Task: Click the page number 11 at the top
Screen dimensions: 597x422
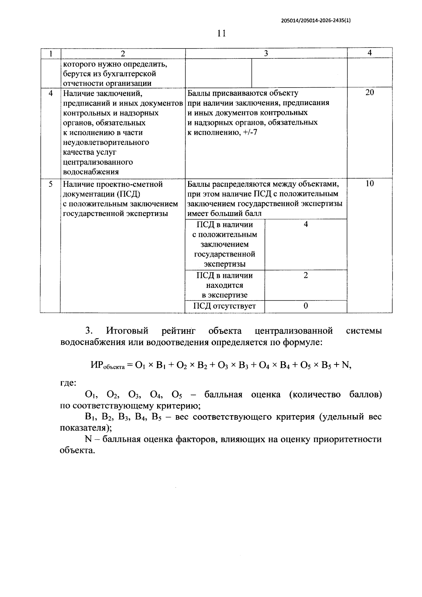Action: pyautogui.click(x=221, y=33)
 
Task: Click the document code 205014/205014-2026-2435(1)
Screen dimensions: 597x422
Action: pyautogui.click(x=316, y=20)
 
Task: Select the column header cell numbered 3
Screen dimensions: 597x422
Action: pyautogui.click(x=266, y=53)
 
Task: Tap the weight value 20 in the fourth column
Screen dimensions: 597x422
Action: pyautogui.click(x=370, y=93)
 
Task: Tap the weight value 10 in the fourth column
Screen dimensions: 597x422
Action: pyautogui.click(x=370, y=184)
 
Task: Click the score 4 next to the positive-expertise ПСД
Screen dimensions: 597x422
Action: pyautogui.click(x=306, y=224)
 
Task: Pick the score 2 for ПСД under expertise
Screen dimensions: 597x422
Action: pyautogui.click(x=306, y=275)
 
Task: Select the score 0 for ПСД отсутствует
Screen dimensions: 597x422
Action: pyautogui.click(x=306, y=306)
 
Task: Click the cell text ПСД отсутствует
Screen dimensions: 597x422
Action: pyautogui.click(x=225, y=306)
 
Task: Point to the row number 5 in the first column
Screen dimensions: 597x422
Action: pyautogui.click(x=51, y=184)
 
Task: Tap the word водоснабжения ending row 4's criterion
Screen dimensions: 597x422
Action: pyautogui.click(x=91, y=172)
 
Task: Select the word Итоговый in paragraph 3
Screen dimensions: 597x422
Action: pyautogui.click(x=127, y=331)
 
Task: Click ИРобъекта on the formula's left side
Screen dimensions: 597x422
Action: pyautogui.click(x=107, y=366)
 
